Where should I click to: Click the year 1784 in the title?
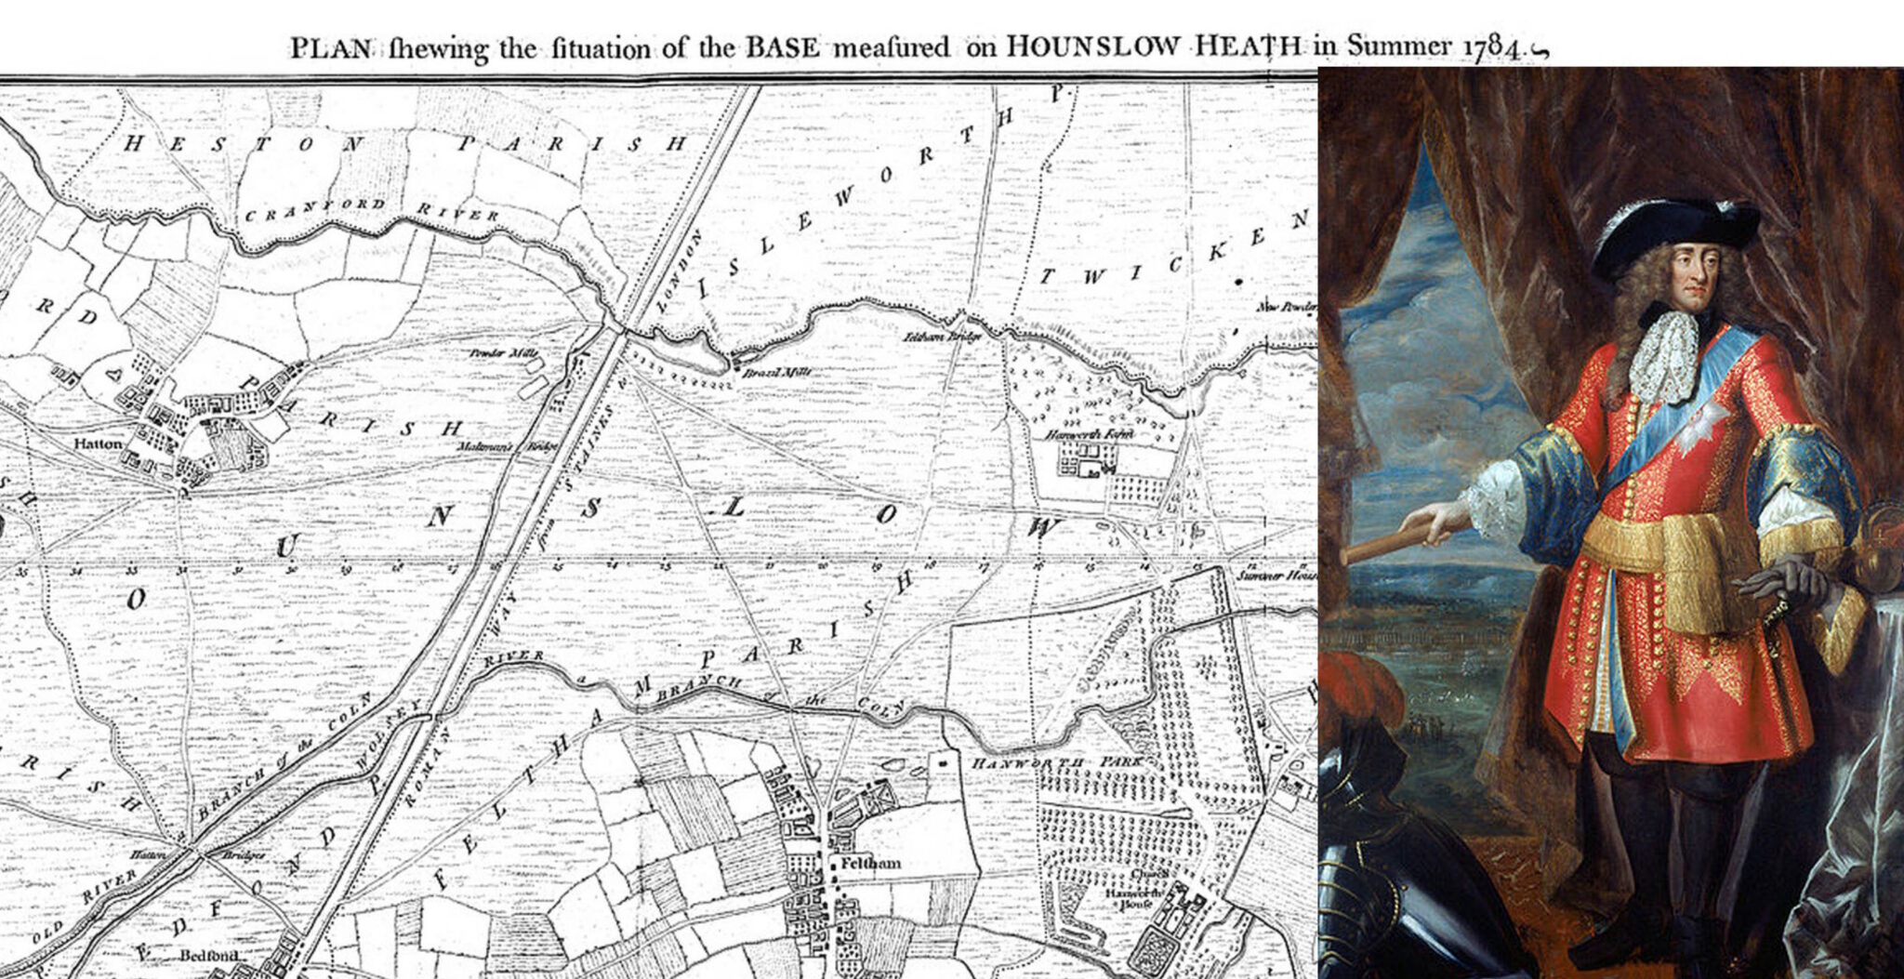pyautogui.click(x=1494, y=47)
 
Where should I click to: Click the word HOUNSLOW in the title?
pyautogui.click(x=1083, y=47)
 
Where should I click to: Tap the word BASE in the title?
pyautogui.click(x=783, y=47)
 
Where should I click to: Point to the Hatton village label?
pyautogui.click(x=98, y=444)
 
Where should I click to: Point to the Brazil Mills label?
pyautogui.click(x=776, y=373)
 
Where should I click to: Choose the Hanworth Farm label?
pyautogui.click(x=1078, y=434)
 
